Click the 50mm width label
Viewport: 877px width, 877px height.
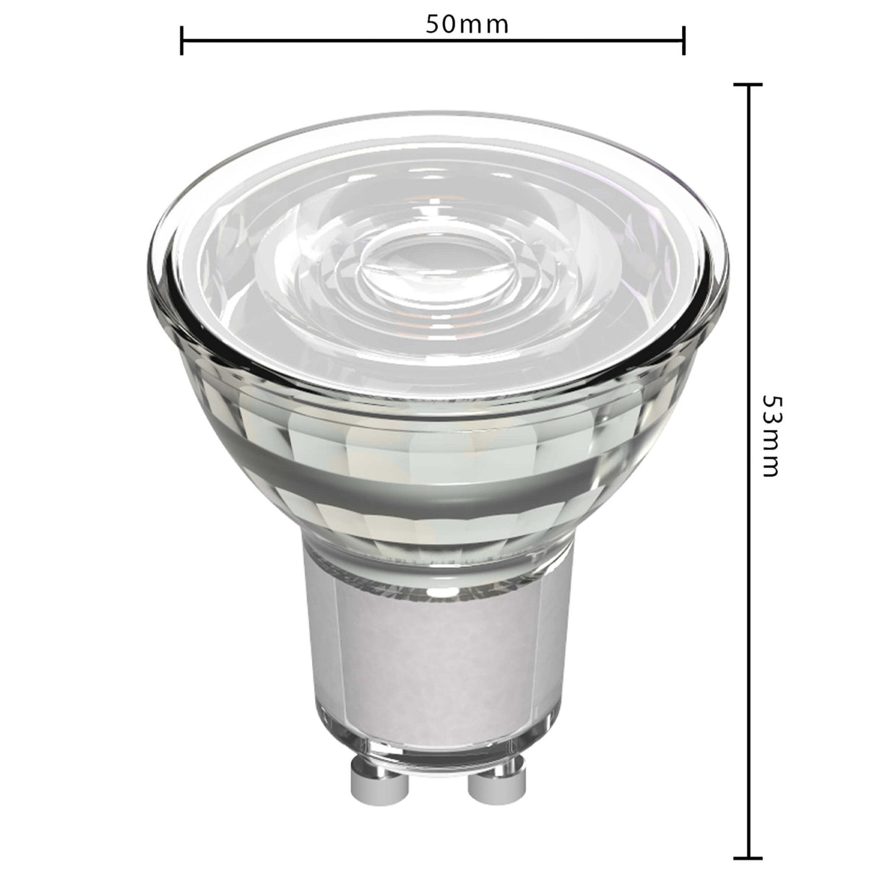tap(467, 23)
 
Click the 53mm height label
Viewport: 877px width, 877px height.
tap(771, 436)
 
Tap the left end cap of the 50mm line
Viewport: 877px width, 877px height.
tap(182, 40)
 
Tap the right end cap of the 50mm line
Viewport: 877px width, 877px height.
tap(683, 40)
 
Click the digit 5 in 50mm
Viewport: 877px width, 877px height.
tap(433, 23)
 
